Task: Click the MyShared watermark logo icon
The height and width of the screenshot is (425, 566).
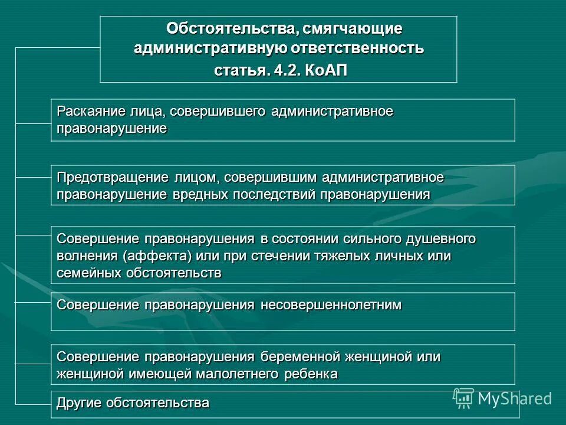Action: [463, 398]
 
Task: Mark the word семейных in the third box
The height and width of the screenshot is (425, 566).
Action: [89, 273]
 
